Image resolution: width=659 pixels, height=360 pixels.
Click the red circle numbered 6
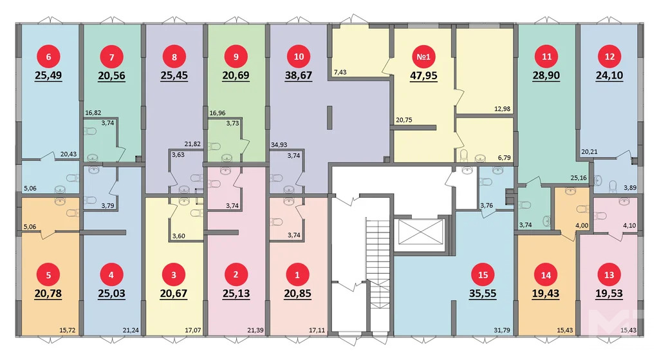(49, 57)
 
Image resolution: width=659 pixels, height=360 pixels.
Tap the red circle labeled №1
(423, 57)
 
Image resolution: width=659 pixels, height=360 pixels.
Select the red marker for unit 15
(483, 274)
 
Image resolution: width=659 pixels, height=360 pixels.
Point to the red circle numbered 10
(299, 57)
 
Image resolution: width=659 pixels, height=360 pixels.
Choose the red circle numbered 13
(609, 274)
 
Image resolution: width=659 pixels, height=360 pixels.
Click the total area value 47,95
(423, 75)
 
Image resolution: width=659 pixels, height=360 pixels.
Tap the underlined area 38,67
(299, 75)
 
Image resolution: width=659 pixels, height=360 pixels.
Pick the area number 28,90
(546, 75)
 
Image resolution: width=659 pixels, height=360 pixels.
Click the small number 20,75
(404, 120)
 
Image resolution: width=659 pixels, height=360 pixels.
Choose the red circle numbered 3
(173, 274)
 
